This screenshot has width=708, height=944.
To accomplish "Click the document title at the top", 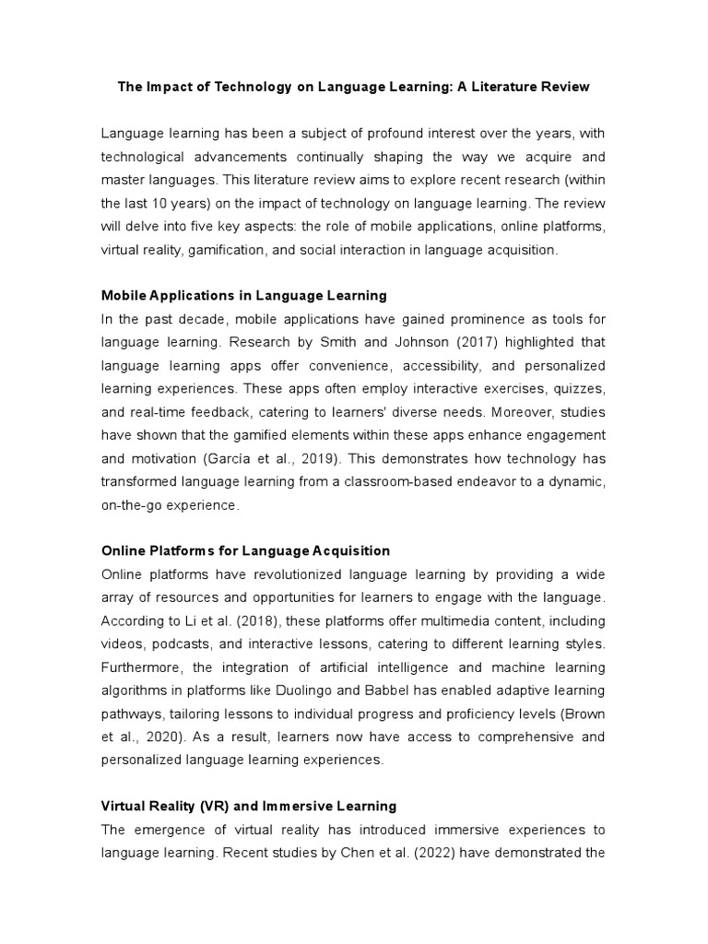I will (353, 87).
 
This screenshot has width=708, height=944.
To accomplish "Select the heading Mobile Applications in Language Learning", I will (243, 296).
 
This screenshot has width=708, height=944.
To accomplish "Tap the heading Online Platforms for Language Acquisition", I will (245, 550).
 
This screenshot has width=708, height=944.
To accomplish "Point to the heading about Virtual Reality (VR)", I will (249, 806).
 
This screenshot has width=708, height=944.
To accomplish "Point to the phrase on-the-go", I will (131, 506).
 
